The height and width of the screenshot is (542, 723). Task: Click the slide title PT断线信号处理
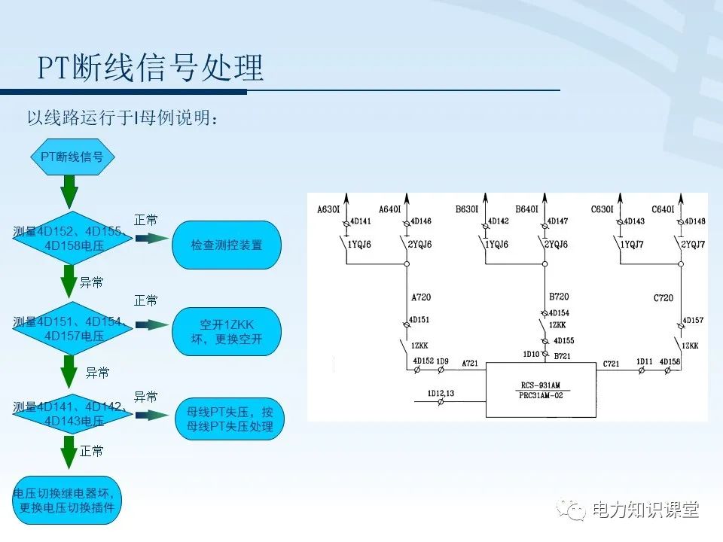(151, 69)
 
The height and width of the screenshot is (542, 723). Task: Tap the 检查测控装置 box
(226, 245)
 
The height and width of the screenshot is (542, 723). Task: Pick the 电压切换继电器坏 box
(66, 501)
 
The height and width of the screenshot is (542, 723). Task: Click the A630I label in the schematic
(330, 209)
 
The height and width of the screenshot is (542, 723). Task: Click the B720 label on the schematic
(559, 297)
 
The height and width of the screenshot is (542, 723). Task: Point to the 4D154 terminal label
(559, 312)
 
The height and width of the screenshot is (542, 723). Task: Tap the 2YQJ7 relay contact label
(693, 245)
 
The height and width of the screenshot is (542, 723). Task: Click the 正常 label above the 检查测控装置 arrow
(145, 220)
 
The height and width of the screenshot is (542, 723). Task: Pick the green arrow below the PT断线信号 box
(69, 191)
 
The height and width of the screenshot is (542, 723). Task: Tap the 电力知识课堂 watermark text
(645, 510)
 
